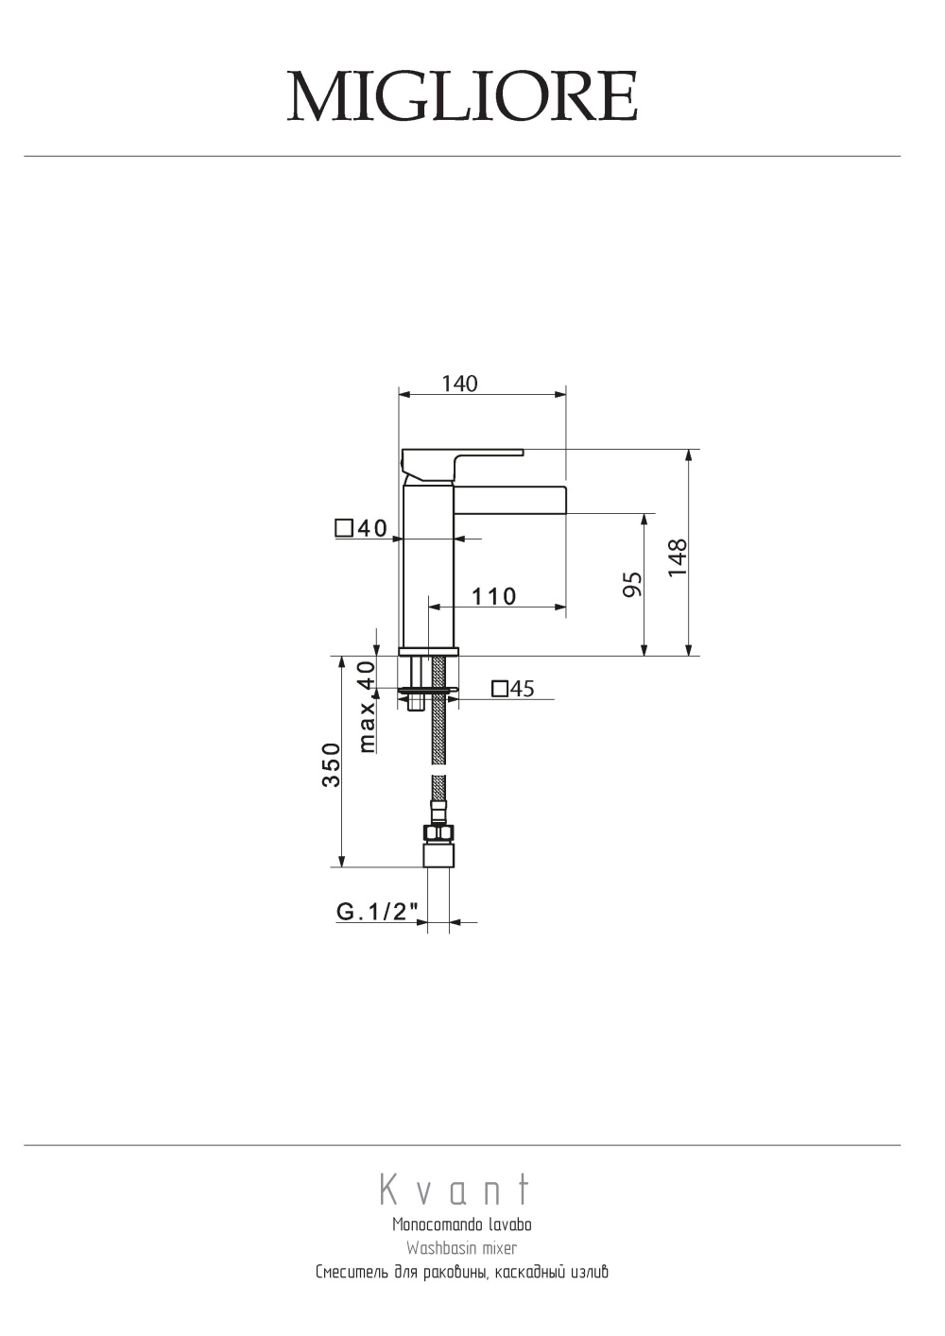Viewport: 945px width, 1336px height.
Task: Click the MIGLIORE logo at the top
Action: click(462, 96)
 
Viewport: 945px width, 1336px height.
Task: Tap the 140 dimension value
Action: click(459, 384)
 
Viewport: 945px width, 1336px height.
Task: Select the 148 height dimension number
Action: click(678, 557)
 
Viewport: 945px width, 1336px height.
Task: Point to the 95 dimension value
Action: click(632, 584)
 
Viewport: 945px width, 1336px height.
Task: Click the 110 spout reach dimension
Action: click(494, 596)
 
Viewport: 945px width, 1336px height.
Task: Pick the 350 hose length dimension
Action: click(331, 764)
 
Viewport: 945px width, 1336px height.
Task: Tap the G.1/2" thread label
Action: click(377, 912)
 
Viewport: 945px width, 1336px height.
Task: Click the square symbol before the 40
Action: click(344, 528)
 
